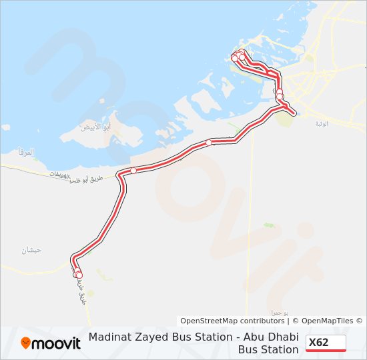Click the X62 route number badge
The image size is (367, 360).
(x=326, y=343)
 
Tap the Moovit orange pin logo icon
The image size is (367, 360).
(x=26, y=343)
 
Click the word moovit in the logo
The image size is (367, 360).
(x=57, y=343)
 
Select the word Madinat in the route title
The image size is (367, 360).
(x=110, y=337)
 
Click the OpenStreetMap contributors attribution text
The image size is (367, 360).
(x=232, y=321)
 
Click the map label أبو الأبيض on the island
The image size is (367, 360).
(x=94, y=127)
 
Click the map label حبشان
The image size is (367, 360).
(x=31, y=250)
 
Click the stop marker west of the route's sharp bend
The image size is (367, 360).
(x=133, y=171)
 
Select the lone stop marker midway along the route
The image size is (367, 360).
(x=209, y=142)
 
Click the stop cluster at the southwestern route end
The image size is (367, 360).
(x=78, y=273)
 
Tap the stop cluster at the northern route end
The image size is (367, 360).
(x=237, y=56)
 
